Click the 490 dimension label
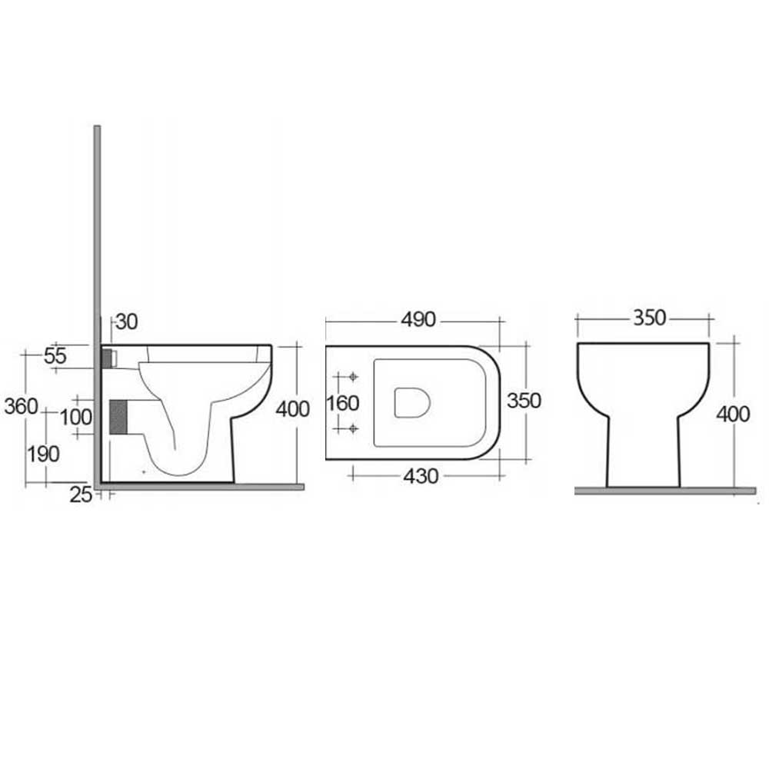click(x=418, y=320)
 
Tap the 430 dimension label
click(x=421, y=476)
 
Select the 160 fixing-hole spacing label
click(x=343, y=403)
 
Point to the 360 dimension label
click(x=21, y=406)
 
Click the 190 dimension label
click(x=43, y=454)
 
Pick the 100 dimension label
click(x=76, y=418)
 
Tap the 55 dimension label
click(x=55, y=356)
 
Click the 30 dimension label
click(x=127, y=321)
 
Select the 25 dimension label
click(x=81, y=494)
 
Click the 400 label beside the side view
click(x=292, y=409)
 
